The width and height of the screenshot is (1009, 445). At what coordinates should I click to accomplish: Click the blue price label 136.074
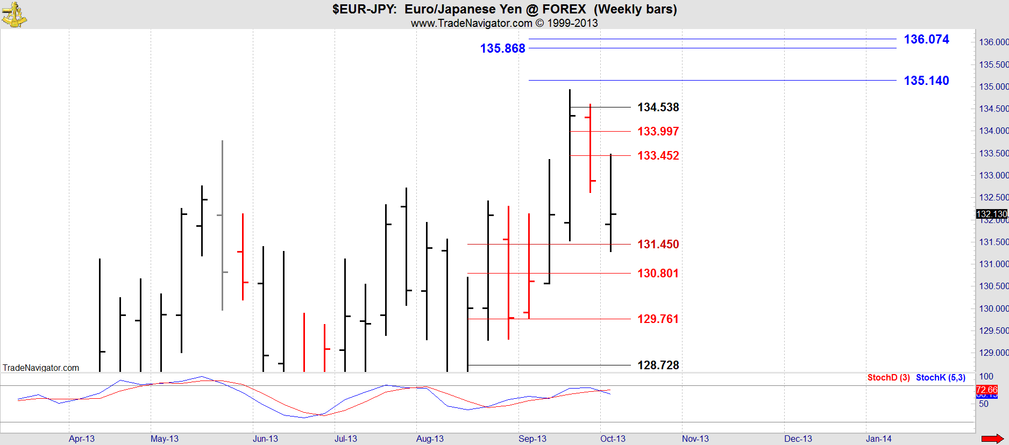(926, 39)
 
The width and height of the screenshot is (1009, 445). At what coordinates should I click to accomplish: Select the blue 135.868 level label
(502, 48)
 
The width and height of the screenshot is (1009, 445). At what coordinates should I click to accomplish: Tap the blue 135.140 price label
(926, 81)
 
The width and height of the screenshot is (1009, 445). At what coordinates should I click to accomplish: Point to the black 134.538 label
(658, 107)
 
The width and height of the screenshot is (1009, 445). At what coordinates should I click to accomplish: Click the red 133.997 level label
(658, 132)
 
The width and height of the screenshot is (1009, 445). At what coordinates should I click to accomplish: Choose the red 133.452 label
(658, 156)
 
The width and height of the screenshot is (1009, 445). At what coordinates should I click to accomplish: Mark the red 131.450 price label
(658, 245)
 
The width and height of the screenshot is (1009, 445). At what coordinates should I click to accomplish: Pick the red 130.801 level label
(658, 274)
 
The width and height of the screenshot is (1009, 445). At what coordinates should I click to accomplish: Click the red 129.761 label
(658, 319)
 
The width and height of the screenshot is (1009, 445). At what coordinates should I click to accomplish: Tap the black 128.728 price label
(658, 365)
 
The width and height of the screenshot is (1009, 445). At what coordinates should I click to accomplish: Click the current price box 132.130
(991, 214)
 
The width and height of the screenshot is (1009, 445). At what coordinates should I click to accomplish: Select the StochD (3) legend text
(888, 378)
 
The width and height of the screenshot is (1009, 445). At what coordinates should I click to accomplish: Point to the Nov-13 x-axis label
(695, 439)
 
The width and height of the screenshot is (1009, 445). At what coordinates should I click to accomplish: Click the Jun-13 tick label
(265, 439)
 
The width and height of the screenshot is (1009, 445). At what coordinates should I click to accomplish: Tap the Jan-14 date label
(878, 439)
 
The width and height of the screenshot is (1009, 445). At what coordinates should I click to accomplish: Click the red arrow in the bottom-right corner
(992, 439)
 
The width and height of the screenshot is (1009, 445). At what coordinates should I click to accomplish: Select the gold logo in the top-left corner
(14, 15)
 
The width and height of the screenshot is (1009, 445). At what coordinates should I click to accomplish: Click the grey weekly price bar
(222, 225)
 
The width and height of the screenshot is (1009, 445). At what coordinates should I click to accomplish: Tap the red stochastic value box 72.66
(986, 390)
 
